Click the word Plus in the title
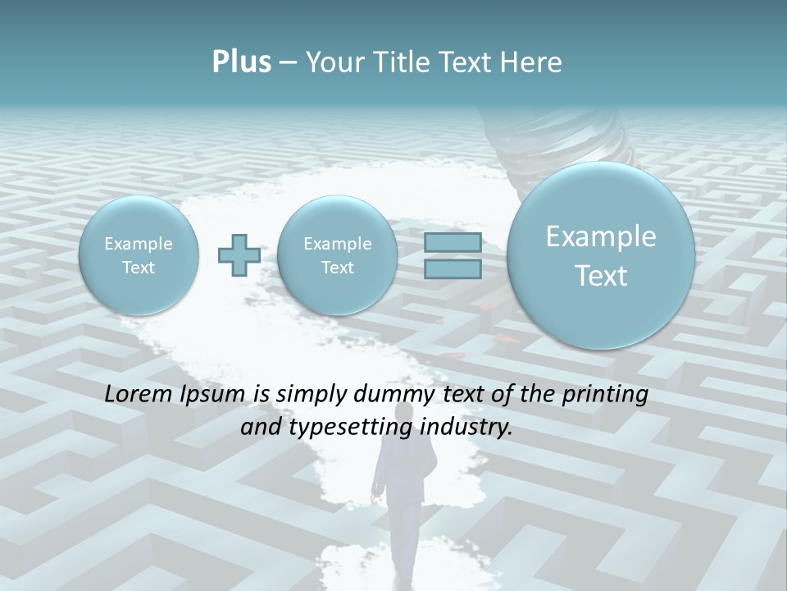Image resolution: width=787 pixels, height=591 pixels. (x=241, y=62)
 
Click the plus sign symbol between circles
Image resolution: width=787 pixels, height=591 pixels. (x=239, y=255)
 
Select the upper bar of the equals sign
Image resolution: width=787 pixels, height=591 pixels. (x=453, y=242)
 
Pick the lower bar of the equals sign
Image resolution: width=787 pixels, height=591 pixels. (x=453, y=268)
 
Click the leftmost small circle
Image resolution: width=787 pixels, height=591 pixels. (x=139, y=255)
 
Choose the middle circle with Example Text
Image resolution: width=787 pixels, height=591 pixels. (x=337, y=255)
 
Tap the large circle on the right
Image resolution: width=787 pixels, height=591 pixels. (x=601, y=255)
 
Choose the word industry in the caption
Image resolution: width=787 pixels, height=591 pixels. (x=466, y=428)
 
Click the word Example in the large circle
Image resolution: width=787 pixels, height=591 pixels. (x=601, y=236)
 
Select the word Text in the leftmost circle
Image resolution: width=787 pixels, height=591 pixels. (x=139, y=268)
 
